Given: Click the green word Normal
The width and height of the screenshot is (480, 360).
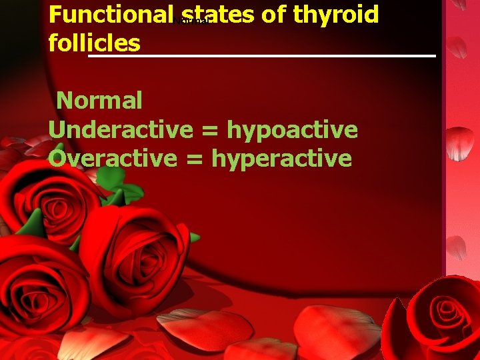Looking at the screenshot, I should [99, 101].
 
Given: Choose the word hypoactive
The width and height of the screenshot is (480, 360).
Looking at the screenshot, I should [293, 129].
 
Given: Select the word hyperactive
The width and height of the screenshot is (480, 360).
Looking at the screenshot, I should [281, 159].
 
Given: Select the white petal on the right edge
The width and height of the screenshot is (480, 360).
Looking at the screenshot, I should [459, 143].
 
